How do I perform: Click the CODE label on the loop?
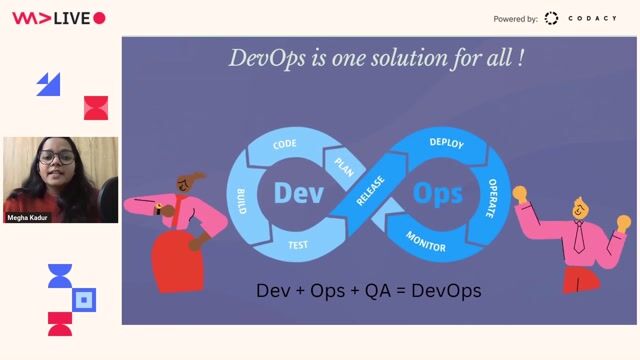[285, 145]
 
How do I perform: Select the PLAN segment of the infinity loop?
[344, 164]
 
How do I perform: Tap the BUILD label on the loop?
[240, 200]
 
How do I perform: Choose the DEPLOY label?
[446, 143]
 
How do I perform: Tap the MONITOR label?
[426, 241]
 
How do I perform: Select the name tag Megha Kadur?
[28, 216]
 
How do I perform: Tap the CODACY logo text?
[592, 18]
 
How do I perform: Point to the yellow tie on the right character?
[579, 237]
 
